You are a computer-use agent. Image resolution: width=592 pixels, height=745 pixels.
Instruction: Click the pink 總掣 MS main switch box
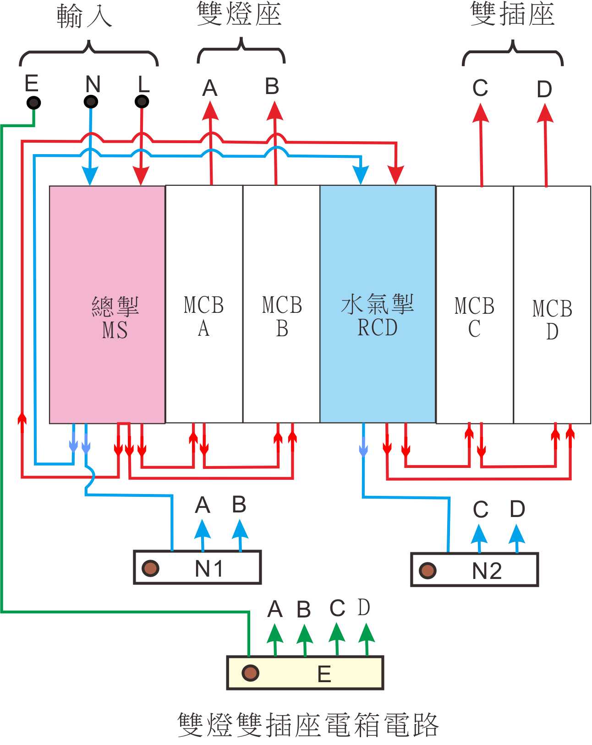(107, 304)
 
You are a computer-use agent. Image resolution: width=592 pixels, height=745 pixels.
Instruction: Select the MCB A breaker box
(204, 304)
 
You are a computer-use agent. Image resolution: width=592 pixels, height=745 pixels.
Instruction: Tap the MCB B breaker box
(281, 304)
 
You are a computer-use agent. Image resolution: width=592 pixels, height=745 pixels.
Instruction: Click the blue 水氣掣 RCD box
(378, 304)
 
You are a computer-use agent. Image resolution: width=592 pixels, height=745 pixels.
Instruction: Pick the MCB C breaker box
(475, 305)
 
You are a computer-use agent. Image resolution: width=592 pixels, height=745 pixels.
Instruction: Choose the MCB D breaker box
(552, 305)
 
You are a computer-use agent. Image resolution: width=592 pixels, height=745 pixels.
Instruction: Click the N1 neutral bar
(197, 567)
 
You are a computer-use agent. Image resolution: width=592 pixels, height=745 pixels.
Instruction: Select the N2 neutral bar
(475, 570)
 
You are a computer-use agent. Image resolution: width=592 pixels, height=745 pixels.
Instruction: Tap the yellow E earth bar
(305, 673)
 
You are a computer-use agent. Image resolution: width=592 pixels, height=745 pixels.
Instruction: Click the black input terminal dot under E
(33, 102)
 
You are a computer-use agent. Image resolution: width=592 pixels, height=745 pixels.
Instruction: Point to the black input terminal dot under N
(91, 101)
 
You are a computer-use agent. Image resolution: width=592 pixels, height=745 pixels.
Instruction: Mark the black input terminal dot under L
(142, 101)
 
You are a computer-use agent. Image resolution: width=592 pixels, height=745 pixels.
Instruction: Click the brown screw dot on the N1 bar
(150, 568)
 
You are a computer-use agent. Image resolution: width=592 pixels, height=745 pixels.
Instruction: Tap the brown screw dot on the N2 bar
(428, 570)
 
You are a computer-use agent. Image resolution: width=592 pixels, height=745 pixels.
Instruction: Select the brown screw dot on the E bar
(250, 673)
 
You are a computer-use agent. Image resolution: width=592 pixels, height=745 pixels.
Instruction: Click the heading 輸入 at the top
(84, 17)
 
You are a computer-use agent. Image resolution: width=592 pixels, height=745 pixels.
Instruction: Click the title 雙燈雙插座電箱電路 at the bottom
(308, 725)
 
